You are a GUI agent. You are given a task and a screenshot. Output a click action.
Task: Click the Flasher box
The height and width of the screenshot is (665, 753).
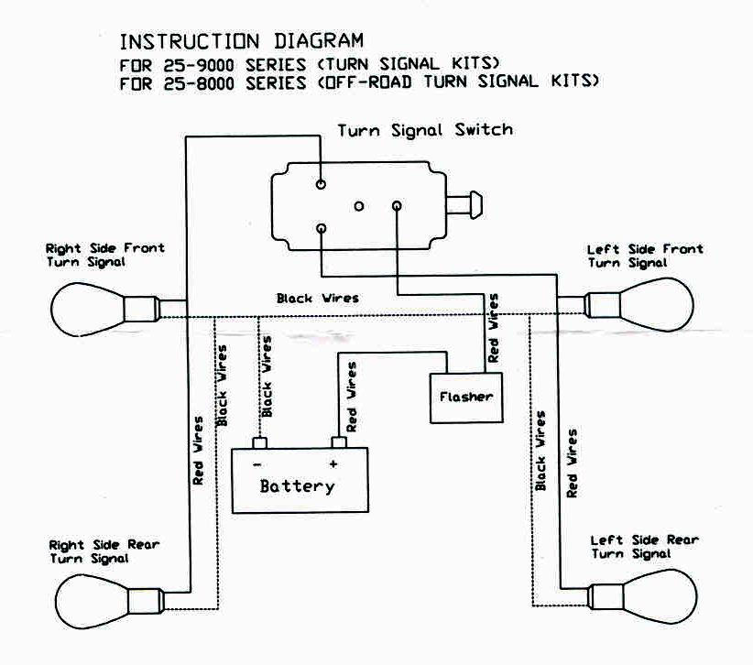click(466, 398)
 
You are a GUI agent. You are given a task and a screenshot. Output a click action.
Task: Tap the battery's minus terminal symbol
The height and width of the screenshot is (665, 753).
click(259, 463)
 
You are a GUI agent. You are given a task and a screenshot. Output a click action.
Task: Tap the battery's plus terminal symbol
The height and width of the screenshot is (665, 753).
click(334, 463)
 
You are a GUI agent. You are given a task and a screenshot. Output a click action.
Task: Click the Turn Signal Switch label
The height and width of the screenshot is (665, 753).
click(425, 130)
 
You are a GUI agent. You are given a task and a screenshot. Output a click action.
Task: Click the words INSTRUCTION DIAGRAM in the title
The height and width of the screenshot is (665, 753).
click(242, 41)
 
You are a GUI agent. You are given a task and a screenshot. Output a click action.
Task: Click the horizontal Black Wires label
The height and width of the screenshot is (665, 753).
click(318, 298)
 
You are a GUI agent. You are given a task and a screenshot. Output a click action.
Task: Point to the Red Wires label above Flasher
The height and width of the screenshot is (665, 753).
click(494, 328)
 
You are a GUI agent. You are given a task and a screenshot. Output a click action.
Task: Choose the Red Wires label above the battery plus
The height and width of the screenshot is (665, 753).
click(351, 397)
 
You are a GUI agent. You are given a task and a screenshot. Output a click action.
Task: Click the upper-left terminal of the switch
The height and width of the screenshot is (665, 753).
click(321, 184)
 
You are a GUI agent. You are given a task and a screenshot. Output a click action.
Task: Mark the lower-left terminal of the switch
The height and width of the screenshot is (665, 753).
click(321, 228)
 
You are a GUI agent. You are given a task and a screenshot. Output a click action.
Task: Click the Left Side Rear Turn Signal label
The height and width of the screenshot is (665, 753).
click(644, 547)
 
